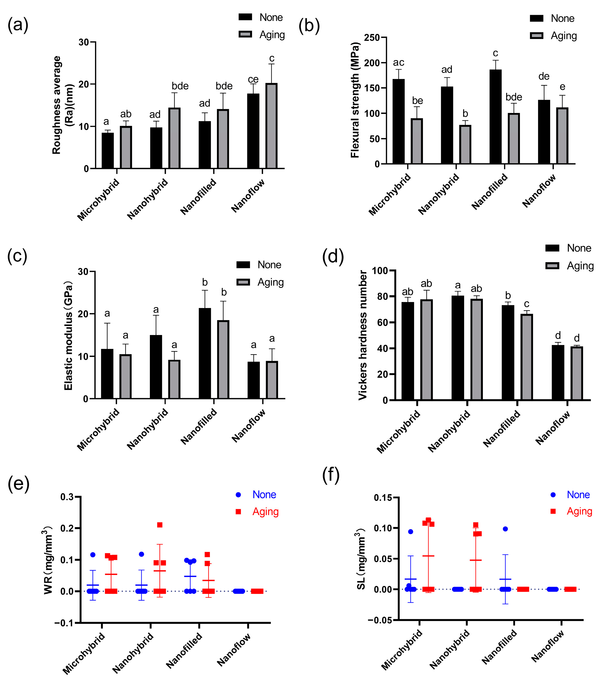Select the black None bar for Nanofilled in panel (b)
[x=495, y=116]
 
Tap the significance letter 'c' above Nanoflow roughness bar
[x=272, y=59]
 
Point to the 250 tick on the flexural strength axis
[x=372, y=38]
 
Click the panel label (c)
[x=17, y=256]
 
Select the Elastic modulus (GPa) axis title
[x=68, y=336]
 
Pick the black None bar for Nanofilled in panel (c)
[x=205, y=353]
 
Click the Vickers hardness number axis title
[x=362, y=335]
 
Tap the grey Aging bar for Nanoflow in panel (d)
[x=577, y=373]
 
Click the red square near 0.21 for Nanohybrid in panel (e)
[x=160, y=525]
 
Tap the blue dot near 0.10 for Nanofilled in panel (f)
[x=505, y=529]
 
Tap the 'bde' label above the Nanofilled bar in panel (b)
[x=513, y=97]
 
